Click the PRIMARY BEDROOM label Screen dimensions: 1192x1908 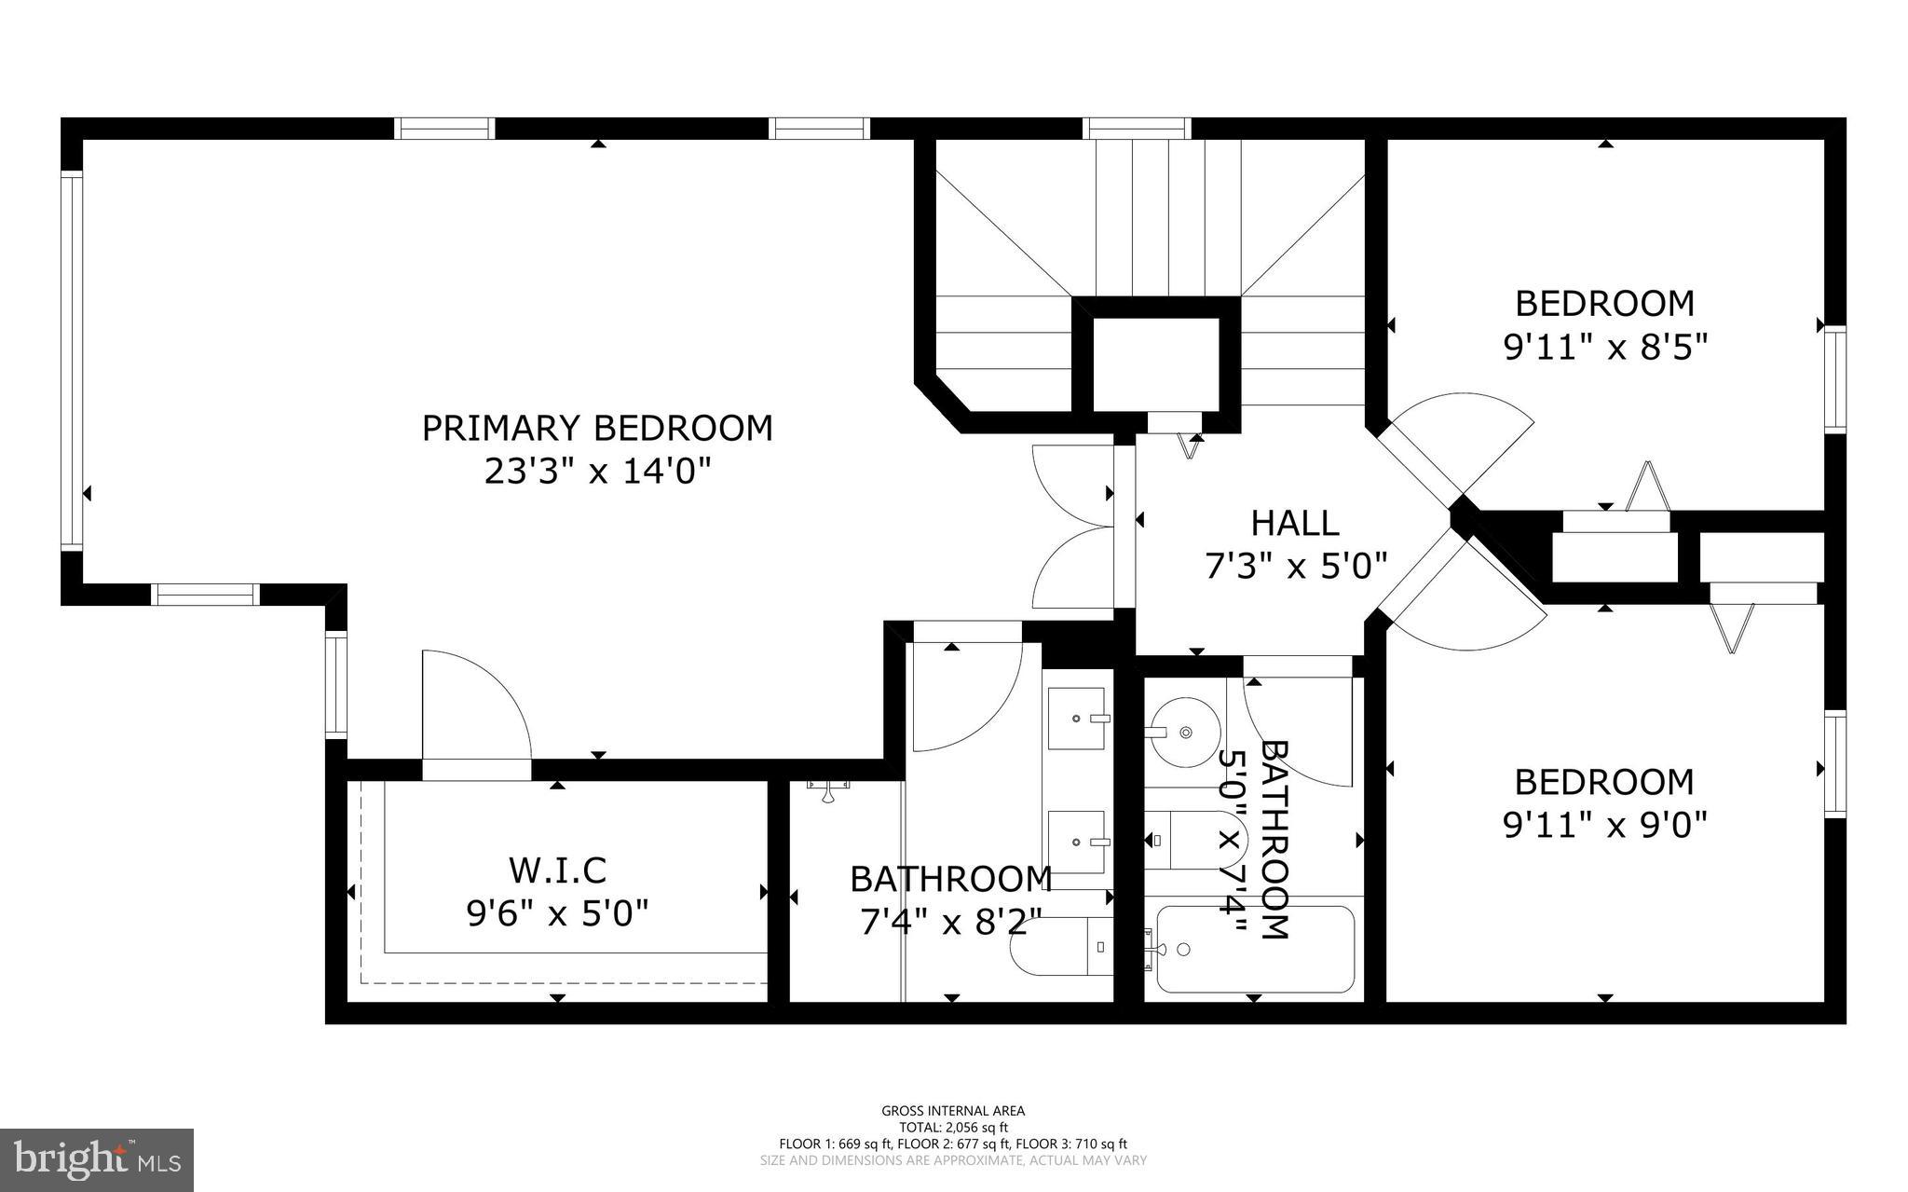[597, 428]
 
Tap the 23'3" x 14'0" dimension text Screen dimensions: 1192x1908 [597, 472]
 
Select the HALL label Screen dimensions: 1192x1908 [1295, 523]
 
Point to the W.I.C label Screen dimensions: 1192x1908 [557, 870]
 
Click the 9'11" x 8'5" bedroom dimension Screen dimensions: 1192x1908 [1604, 348]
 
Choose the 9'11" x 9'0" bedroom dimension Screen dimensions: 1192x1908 [1604, 824]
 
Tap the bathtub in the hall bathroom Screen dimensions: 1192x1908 [1255, 949]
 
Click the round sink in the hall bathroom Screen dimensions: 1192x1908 [1184, 732]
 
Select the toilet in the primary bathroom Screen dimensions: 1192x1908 [1062, 947]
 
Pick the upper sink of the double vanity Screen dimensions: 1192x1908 [1077, 719]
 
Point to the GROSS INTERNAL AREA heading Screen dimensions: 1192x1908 [953, 1110]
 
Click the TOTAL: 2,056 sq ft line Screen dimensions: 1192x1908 [953, 1127]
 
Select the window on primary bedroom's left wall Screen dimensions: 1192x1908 [72, 361]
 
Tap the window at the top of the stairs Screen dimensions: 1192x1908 [1137, 129]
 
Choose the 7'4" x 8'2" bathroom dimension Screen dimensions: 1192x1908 [950, 923]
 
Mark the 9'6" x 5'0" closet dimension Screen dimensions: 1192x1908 [557, 913]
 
